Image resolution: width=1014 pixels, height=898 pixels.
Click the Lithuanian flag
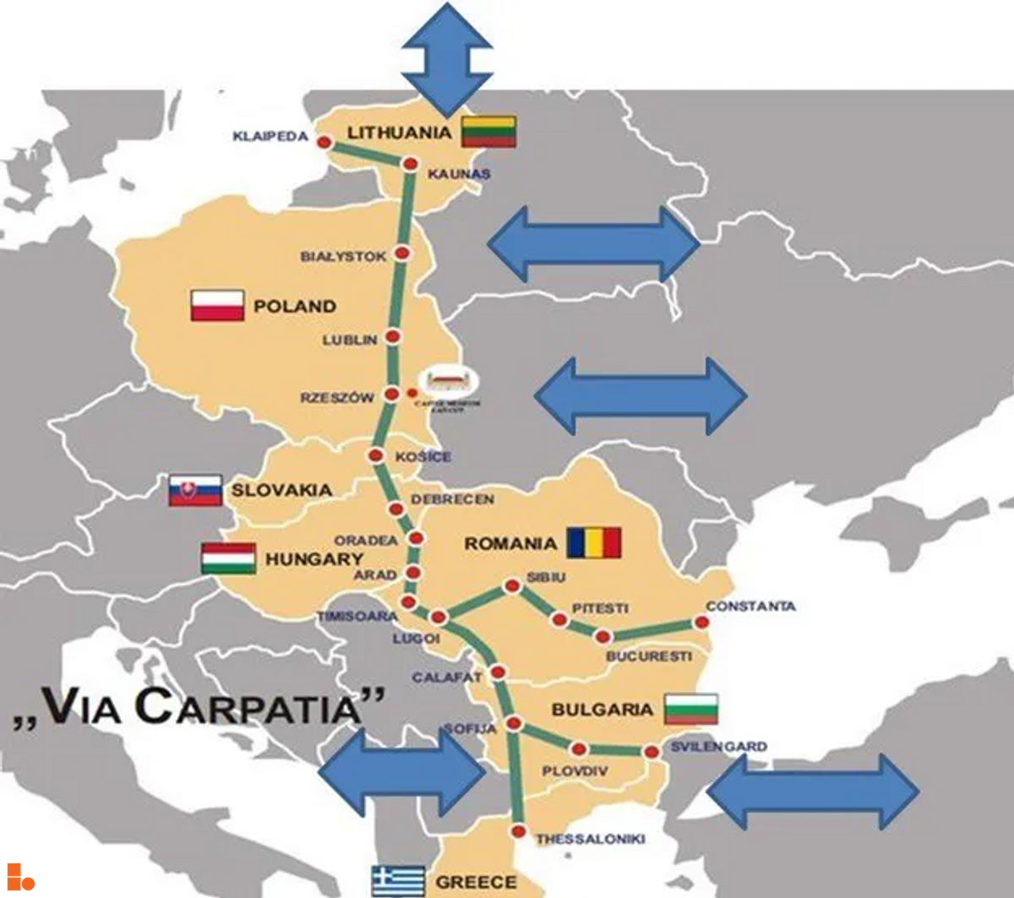tap(489, 132)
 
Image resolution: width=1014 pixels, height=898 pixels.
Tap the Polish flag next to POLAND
tap(217, 306)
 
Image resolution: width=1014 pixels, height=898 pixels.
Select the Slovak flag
tap(195, 490)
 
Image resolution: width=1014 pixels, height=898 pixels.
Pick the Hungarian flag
tap(228, 558)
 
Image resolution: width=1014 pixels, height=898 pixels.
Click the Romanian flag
tap(594, 543)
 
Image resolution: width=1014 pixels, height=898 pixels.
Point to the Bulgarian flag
tap(690, 710)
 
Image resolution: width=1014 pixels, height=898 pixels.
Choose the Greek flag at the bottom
tap(397, 880)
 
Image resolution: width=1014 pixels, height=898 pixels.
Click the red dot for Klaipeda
tap(323, 143)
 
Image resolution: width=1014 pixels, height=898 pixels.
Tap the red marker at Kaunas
tap(411, 164)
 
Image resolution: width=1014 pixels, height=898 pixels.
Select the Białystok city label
tap(343, 256)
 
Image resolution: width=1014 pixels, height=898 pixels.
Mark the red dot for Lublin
tap(393, 337)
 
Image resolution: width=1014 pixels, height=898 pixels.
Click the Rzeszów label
tap(336, 397)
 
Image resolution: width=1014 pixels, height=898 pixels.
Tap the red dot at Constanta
tap(701, 623)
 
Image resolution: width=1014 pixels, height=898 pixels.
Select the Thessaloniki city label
tap(590, 839)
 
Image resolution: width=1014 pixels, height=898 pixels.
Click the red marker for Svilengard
tap(651, 752)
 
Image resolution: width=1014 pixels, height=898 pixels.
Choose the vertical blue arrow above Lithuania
tap(446, 57)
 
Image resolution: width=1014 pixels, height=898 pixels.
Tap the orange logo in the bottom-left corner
tap(20, 876)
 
